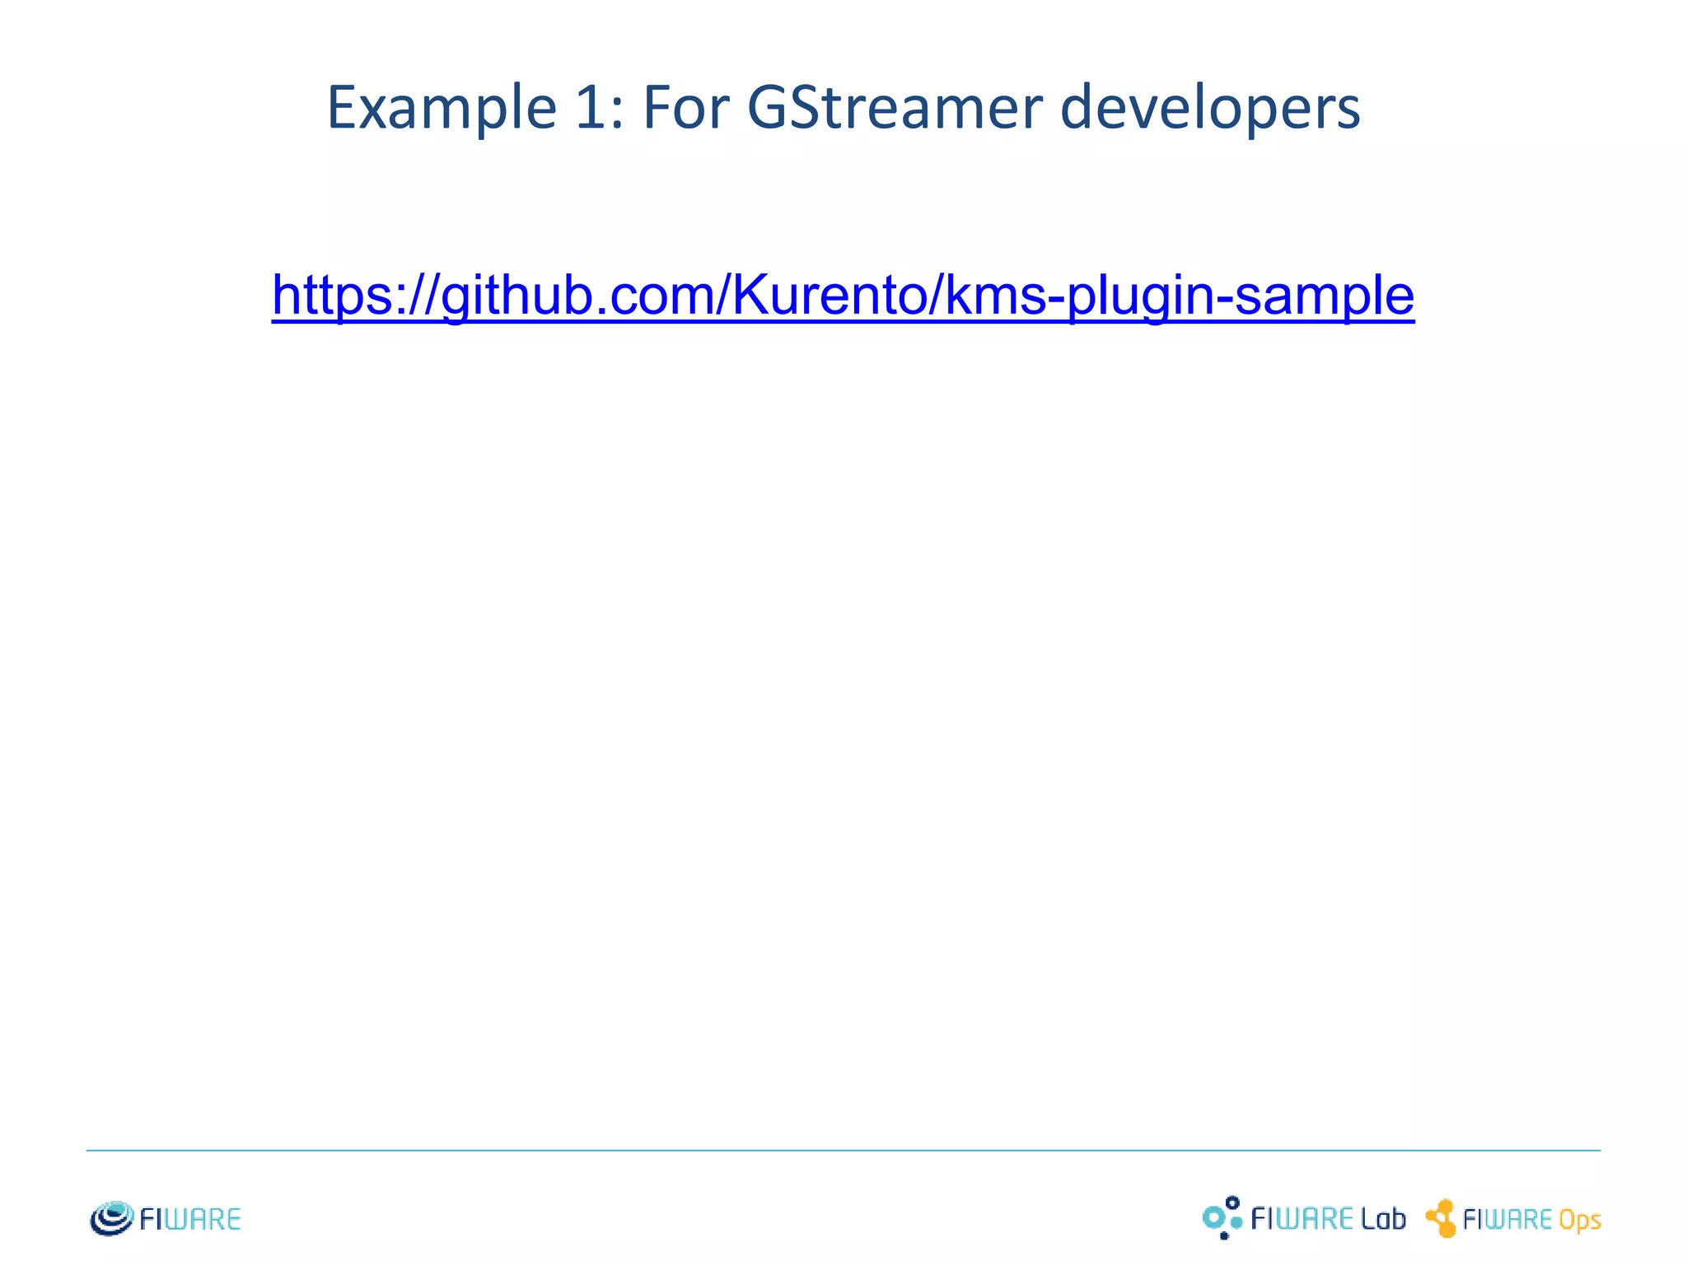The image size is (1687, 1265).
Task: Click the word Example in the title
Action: (x=442, y=108)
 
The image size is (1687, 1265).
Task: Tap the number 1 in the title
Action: (x=591, y=108)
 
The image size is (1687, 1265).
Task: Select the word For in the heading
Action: (x=685, y=108)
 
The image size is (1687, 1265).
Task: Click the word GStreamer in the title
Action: (x=895, y=108)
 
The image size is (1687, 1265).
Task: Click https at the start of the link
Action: (x=329, y=295)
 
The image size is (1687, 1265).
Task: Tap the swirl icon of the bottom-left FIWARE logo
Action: (x=111, y=1218)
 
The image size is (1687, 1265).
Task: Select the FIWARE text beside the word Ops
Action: (x=1507, y=1220)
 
